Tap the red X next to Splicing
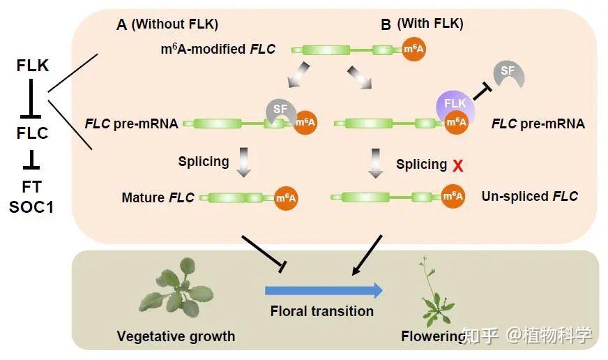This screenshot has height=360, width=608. click(458, 165)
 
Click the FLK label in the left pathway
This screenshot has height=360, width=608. click(32, 66)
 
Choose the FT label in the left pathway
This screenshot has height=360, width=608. click(32, 186)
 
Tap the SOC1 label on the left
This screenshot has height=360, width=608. click(32, 207)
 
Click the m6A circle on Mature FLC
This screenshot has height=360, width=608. click(286, 198)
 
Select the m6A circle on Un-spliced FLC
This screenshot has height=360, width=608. click(453, 197)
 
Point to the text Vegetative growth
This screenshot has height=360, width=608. click(176, 336)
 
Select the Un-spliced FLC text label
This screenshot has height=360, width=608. click(529, 196)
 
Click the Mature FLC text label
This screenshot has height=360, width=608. click(158, 198)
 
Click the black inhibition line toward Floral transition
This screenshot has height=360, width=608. click(262, 253)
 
